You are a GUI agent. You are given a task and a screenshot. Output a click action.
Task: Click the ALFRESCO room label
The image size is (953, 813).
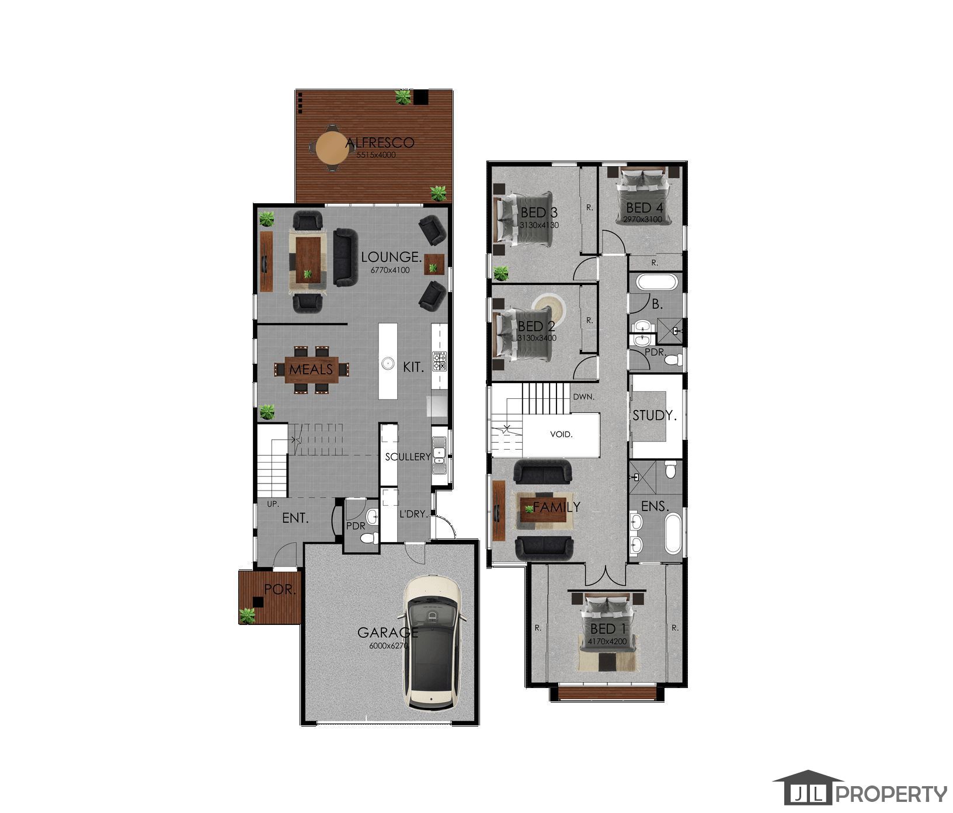click(380, 143)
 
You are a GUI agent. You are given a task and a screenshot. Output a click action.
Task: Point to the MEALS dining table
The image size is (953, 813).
click(311, 369)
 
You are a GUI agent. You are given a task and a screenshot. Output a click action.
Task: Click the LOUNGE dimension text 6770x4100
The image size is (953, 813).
click(390, 270)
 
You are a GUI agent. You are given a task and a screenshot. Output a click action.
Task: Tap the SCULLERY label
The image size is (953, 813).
click(408, 457)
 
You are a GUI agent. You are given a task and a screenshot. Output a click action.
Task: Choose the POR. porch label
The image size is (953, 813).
click(281, 589)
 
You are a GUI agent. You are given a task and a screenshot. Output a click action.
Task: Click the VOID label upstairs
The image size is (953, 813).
click(561, 435)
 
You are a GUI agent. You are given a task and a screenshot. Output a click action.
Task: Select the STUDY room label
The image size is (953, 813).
click(655, 416)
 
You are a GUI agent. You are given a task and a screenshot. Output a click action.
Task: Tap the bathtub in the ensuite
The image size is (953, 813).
click(673, 533)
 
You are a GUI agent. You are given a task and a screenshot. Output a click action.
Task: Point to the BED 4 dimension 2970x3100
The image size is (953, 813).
click(642, 220)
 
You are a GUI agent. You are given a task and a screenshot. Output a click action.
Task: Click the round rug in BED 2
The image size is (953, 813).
click(549, 310)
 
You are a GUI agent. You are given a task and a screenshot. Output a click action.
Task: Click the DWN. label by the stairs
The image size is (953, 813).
click(583, 397)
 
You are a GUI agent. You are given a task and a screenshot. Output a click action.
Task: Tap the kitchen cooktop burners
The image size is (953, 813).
click(439, 362)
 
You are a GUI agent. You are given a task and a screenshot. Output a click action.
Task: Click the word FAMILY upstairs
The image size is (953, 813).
click(557, 507)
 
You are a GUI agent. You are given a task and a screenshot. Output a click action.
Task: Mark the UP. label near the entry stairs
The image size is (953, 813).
click(273, 503)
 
